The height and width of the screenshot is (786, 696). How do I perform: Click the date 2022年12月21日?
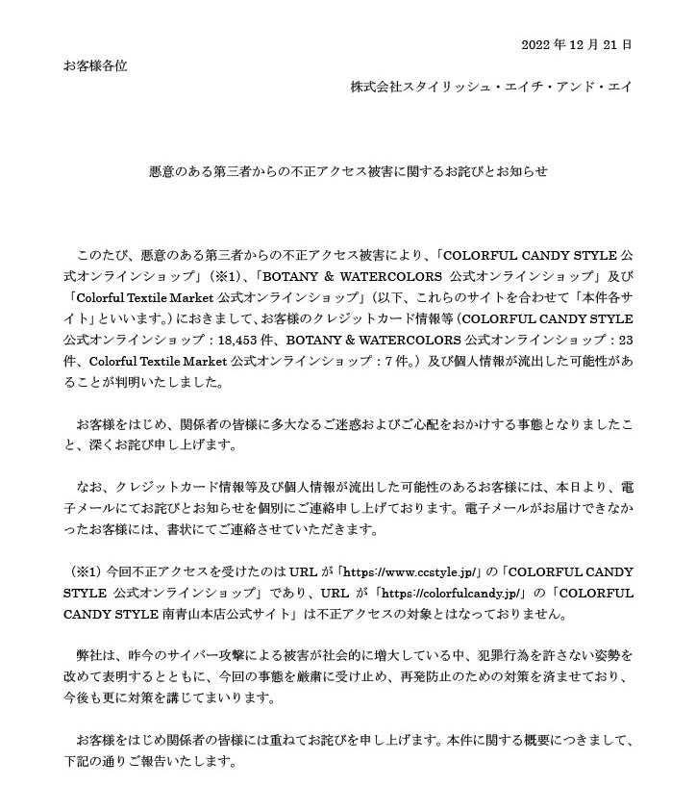pos(576,44)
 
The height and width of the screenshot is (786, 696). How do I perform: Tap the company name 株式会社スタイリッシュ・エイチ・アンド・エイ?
pos(492,87)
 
